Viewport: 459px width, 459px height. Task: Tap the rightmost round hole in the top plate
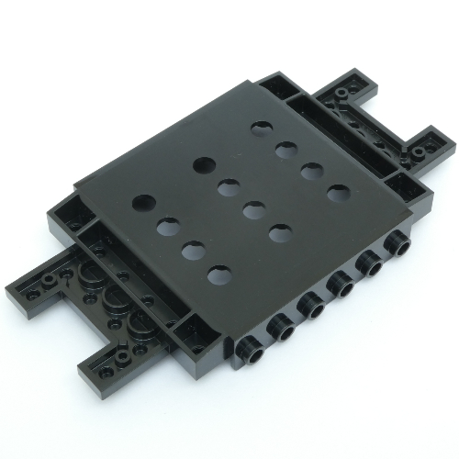click(x=340, y=194)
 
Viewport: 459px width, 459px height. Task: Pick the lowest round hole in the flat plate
click(x=218, y=274)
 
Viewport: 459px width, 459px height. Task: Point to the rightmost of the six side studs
click(x=397, y=242)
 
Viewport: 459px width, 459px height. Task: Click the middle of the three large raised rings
click(x=117, y=301)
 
